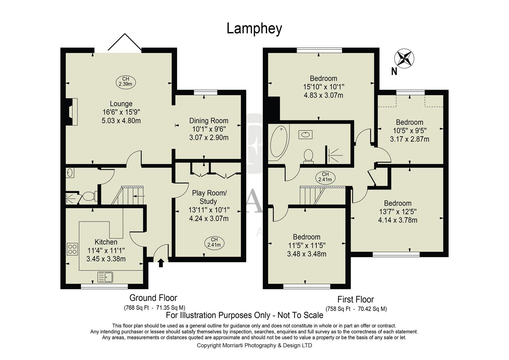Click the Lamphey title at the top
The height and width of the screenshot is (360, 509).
(x=254, y=29)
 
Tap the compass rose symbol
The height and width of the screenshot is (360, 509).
(x=404, y=59)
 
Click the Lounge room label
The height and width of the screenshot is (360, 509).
(x=121, y=104)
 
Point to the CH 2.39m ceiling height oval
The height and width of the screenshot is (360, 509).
(x=125, y=82)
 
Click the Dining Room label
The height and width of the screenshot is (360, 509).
(x=209, y=121)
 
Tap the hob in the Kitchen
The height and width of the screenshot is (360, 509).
(x=72, y=249)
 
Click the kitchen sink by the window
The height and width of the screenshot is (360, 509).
(x=105, y=277)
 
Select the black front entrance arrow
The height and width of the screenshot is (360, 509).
(x=161, y=263)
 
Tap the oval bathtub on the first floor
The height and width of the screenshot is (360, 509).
(x=278, y=142)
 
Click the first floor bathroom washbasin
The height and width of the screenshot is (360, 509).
(x=306, y=135)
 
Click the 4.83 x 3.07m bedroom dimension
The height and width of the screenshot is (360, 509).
(x=323, y=95)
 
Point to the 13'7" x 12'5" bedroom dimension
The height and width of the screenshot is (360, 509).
(x=398, y=212)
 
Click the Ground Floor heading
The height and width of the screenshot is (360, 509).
(x=153, y=298)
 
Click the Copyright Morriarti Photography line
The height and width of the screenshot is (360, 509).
(x=254, y=345)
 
